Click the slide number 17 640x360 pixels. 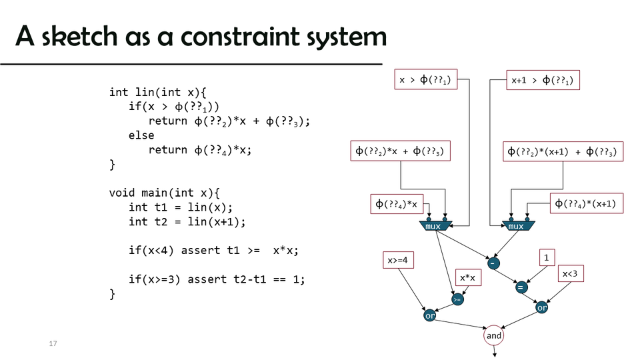pos(53,343)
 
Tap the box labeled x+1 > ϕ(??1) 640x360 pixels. pos(543,81)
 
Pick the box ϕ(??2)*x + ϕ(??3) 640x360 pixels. pos(400,151)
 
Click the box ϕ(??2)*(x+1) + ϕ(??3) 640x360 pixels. pos(563,151)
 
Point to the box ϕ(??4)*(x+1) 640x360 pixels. pos(586,203)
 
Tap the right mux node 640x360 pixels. pos(517,226)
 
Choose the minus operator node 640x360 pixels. pos(493,263)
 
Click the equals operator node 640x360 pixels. pos(521,287)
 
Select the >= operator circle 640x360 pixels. pos(457,300)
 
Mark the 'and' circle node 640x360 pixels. pos(494,335)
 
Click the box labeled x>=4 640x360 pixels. pos(399,261)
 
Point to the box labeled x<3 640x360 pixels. pos(571,274)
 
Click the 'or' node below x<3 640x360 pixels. pos(542,308)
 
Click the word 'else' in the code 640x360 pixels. pos(141,135)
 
